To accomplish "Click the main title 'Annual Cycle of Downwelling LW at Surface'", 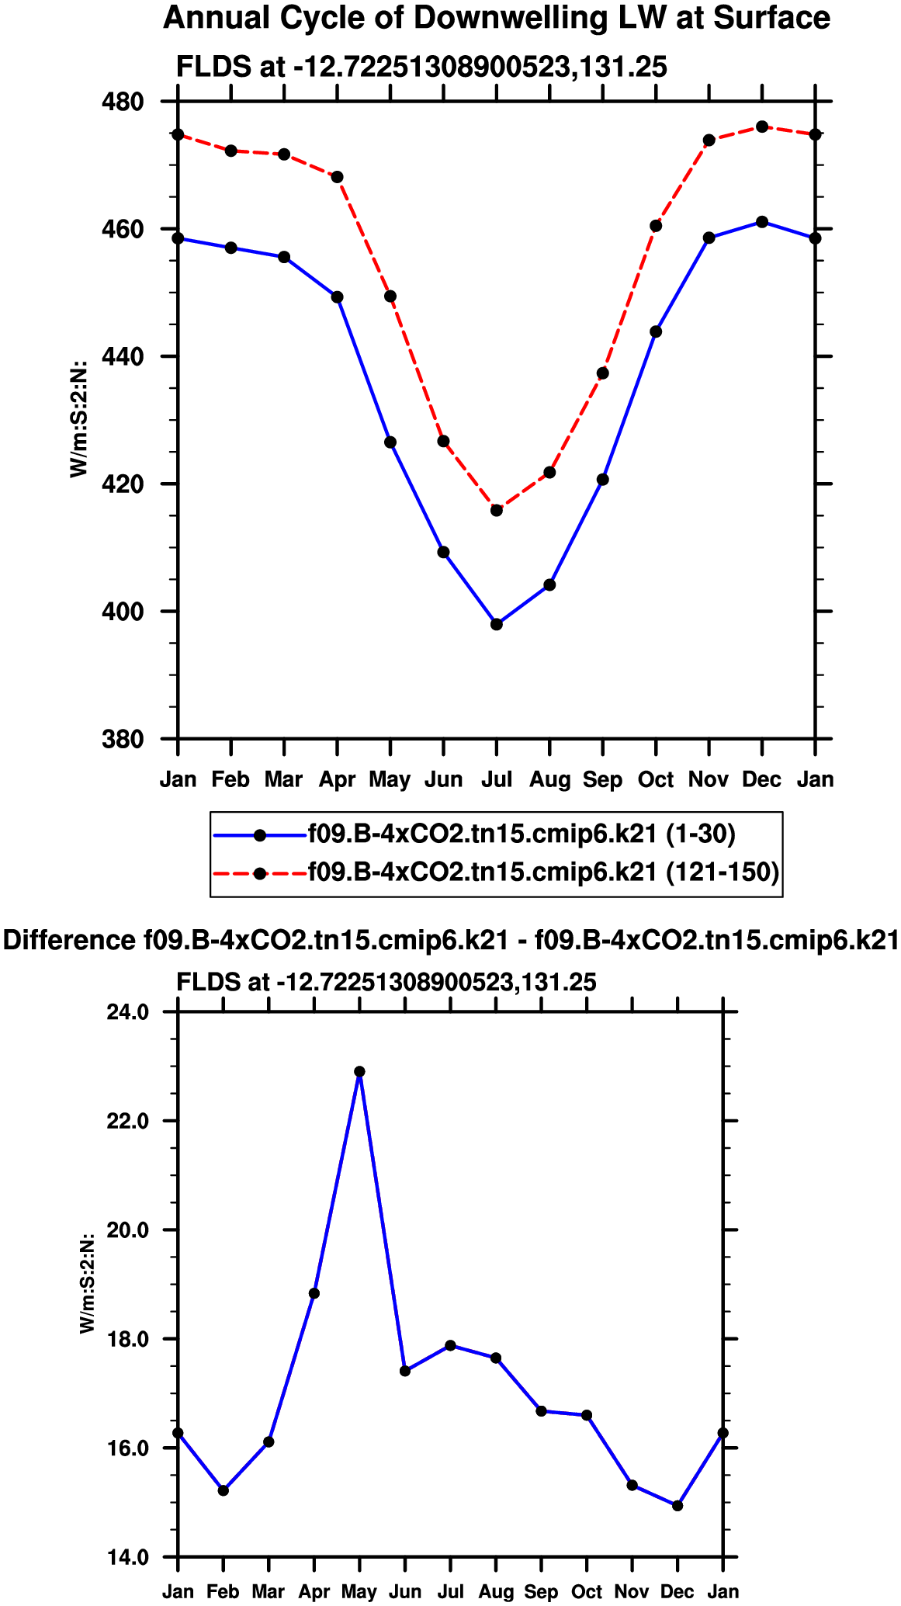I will pyautogui.click(x=497, y=18).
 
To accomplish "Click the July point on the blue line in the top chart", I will pyautogui.click(x=497, y=624).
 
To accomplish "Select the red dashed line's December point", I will pyautogui.click(x=762, y=127).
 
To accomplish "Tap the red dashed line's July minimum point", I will pyautogui.click(x=497, y=510).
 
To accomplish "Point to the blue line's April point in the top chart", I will pyautogui.click(x=337, y=297).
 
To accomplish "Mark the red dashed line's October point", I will pyautogui.click(x=656, y=226).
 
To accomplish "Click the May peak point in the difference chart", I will pyautogui.click(x=359, y=1071).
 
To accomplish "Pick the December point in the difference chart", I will pyautogui.click(x=677, y=1505).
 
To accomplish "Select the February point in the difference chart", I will pyautogui.click(x=224, y=1490).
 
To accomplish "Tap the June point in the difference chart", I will pyautogui.click(x=405, y=1370).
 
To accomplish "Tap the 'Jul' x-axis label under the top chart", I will pyautogui.click(x=497, y=779).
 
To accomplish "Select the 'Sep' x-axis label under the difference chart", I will pyautogui.click(x=541, y=1591).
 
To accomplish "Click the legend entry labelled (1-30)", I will pyautogui.click(x=521, y=834).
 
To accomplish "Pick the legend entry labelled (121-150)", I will pyautogui.click(x=542, y=872).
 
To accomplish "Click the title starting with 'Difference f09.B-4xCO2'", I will pyautogui.click(x=450, y=940).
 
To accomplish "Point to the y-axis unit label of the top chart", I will pyautogui.click(x=79, y=420).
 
